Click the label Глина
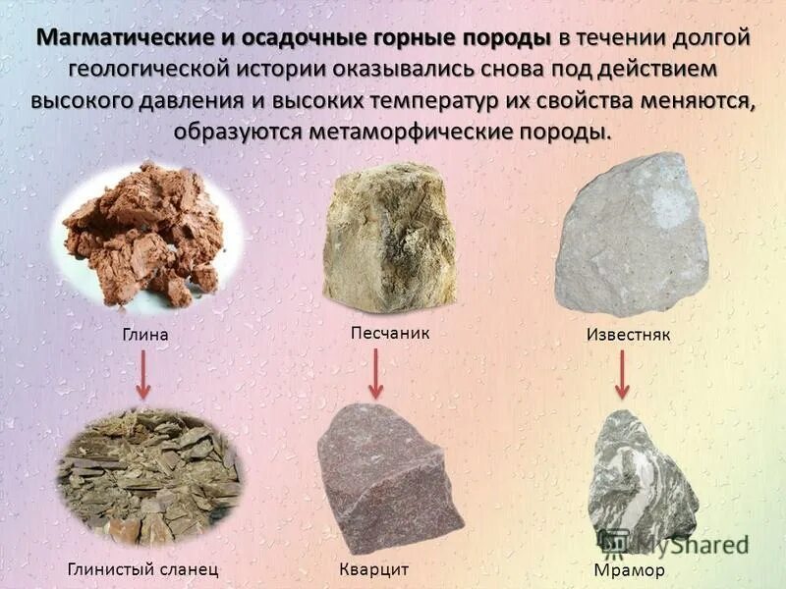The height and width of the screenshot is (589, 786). [145, 335]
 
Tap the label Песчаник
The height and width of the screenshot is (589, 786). [390, 333]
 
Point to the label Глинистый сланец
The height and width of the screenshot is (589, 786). [142, 568]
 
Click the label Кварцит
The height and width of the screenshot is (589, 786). [372, 568]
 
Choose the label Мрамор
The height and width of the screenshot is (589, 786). [630, 570]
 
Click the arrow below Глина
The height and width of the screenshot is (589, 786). [142, 374]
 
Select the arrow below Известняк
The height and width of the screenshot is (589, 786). [621, 374]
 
